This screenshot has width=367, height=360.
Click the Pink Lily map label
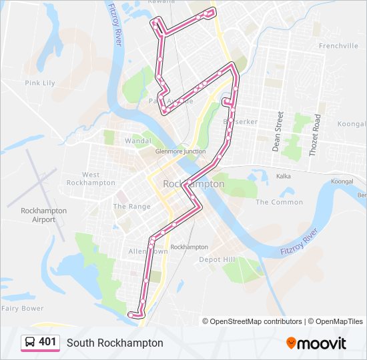[x=39, y=83]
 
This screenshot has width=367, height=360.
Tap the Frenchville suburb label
[x=338, y=46]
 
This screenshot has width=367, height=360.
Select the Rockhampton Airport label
[x=44, y=215]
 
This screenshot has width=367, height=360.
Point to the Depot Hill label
[x=218, y=259]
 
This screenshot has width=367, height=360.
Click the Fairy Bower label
[x=22, y=308]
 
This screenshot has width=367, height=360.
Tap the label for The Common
[x=279, y=202]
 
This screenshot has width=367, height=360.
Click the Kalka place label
[x=284, y=177]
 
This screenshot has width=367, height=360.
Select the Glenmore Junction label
[x=179, y=151]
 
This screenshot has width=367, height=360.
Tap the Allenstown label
[x=148, y=252]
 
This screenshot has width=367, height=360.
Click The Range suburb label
[x=131, y=207]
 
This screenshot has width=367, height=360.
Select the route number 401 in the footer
[x=47, y=342]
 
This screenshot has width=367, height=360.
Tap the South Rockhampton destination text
[x=115, y=343]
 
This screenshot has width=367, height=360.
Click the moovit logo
[x=316, y=343]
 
